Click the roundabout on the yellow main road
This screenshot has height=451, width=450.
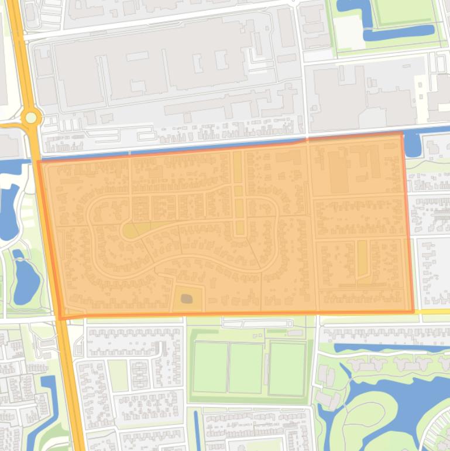pos(31,118)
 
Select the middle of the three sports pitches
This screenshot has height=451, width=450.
pos(246,368)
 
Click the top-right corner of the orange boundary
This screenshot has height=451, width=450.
pos(403,134)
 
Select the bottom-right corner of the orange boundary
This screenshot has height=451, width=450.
pos(413,311)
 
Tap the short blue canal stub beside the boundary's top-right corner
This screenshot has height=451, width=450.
pos(412,144)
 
